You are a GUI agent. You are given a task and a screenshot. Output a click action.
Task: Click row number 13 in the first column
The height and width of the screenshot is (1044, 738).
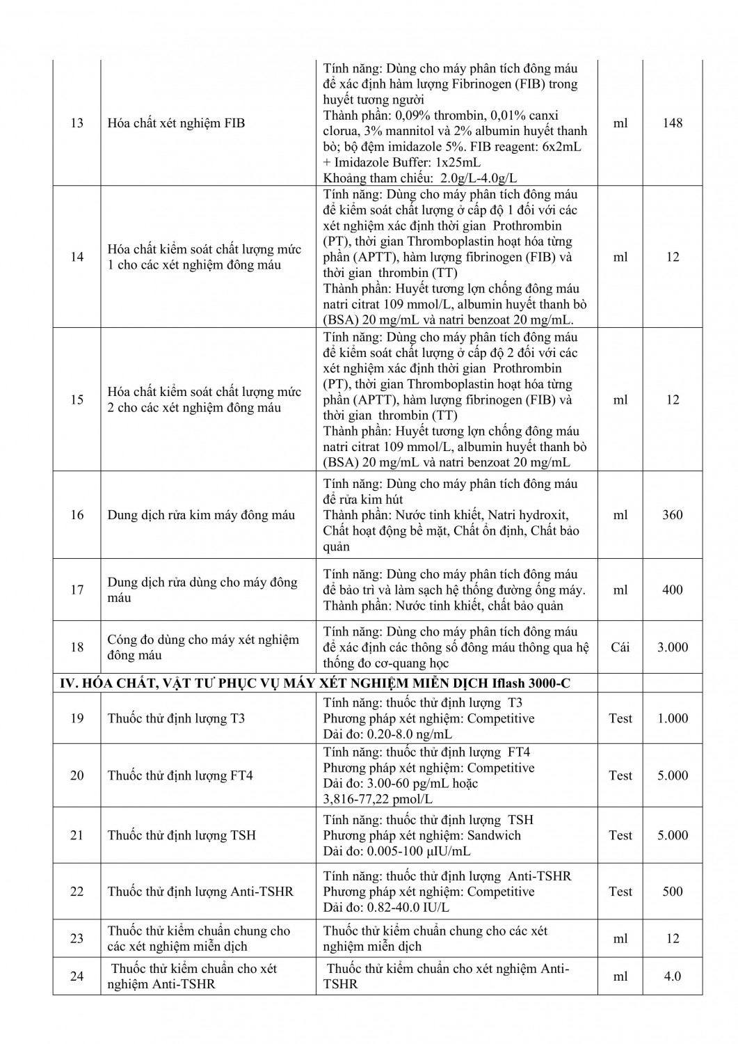pos(77,123)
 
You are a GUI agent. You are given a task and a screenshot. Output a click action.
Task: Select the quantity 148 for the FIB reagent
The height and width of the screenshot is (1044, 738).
pos(673,123)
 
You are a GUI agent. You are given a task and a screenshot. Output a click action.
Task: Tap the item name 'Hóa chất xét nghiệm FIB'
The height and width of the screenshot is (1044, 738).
pos(176,123)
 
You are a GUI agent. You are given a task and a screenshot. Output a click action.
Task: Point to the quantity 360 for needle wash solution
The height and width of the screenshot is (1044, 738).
pos(673,515)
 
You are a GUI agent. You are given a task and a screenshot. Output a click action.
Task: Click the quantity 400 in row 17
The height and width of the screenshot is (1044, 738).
pos(673,590)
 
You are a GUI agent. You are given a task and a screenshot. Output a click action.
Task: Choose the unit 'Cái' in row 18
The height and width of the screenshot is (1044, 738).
pos(620,647)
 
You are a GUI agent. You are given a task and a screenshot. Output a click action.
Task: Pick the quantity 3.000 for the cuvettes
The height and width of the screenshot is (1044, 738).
pos(673,647)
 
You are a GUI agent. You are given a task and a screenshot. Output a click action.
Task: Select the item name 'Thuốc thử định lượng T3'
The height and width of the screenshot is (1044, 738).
pos(176,718)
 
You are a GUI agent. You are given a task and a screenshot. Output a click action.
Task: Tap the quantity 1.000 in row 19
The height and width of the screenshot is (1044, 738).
pos(673,718)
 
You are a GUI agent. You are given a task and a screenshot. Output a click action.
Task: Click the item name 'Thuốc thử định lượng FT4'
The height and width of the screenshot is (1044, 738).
pos(180,775)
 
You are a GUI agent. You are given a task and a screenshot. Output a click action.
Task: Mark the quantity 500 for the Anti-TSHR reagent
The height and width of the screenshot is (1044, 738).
pos(673,892)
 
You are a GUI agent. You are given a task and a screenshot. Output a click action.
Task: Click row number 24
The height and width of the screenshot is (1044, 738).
pos(77,976)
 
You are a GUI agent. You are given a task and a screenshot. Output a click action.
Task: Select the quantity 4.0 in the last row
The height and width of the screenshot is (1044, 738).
pos(673,976)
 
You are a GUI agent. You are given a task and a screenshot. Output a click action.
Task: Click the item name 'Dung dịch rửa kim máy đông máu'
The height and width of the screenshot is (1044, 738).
pos(201,515)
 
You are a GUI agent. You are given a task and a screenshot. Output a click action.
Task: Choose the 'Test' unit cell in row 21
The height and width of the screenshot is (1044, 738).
pos(620,835)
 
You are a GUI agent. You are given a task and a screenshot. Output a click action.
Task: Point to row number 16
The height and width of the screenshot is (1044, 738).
pos(77,515)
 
